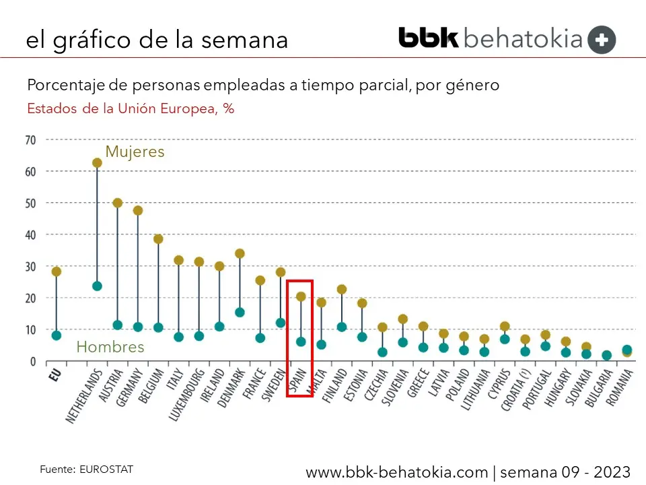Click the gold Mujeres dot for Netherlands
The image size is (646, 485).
point(97,163)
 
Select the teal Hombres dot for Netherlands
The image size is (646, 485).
point(97,286)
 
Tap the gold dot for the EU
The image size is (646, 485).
point(57,271)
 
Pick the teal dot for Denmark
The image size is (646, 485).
point(240,313)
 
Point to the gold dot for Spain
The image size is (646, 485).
point(301,296)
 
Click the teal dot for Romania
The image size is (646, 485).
point(627,350)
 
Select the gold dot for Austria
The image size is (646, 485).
point(117,203)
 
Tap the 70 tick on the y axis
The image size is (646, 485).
point(30,140)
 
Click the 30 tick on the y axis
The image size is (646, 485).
point(30,267)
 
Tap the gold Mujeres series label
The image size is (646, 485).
point(135,152)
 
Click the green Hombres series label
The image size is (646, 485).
point(110,348)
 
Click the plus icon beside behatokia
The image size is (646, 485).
point(602,40)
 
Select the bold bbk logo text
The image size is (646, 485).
point(429,38)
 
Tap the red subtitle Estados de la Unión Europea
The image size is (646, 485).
point(131,109)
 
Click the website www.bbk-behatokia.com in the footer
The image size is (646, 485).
point(396,472)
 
